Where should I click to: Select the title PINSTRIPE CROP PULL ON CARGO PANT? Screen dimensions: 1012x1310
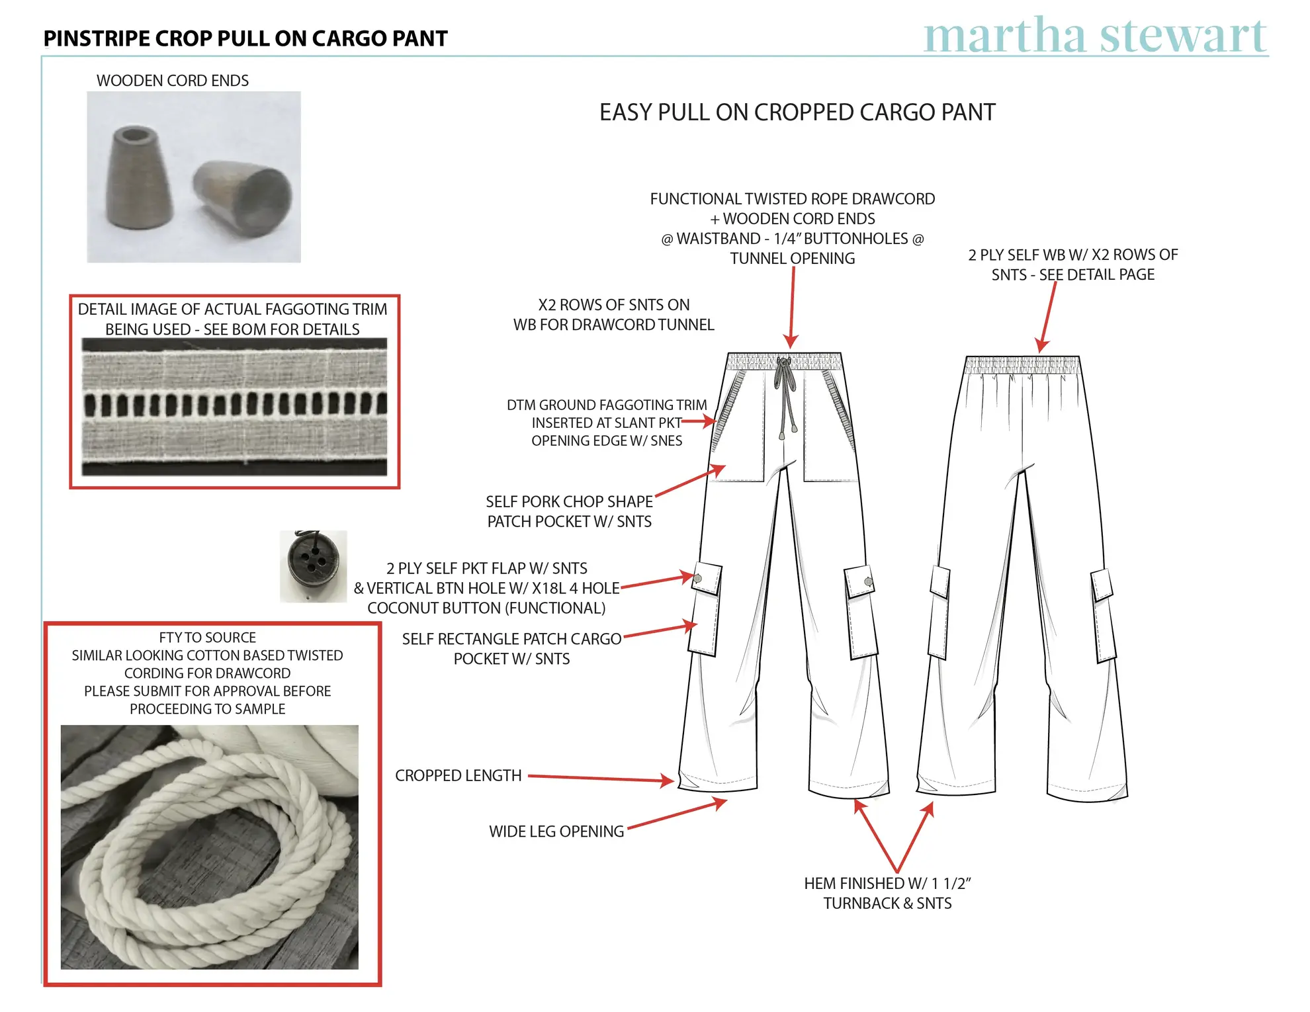coord(245,39)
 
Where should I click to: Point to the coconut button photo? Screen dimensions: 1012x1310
coord(313,566)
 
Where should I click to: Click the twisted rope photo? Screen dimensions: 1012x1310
coord(209,847)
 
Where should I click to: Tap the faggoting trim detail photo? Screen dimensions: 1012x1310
coord(234,406)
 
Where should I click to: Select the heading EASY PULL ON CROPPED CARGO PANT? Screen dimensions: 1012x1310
coord(797,112)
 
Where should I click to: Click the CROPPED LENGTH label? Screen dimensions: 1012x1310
coord(458,775)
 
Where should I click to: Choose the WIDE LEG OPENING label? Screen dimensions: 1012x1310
coord(556,831)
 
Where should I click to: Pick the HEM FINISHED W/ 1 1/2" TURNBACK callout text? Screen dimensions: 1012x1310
coord(887,893)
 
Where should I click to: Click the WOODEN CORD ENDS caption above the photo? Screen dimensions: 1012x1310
coord(172,81)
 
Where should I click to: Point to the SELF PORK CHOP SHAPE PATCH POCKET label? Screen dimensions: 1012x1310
coord(569,511)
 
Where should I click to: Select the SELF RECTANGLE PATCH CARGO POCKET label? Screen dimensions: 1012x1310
coord(511,649)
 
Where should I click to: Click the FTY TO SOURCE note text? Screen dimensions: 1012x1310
coord(207,673)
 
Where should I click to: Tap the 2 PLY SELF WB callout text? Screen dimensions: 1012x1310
coord(1072,265)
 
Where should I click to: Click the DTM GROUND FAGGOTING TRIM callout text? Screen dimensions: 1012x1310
coord(607,423)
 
